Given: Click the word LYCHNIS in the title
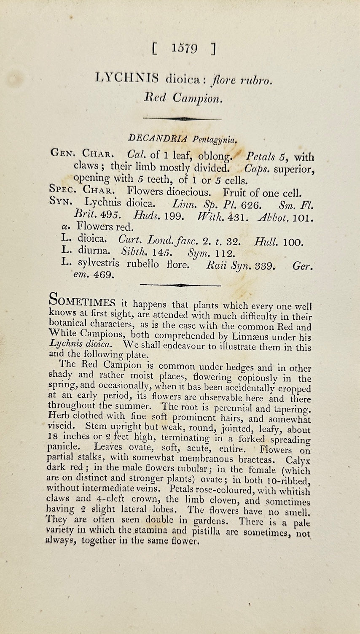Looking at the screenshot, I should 127,78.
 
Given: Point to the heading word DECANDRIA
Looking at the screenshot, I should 159,138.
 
